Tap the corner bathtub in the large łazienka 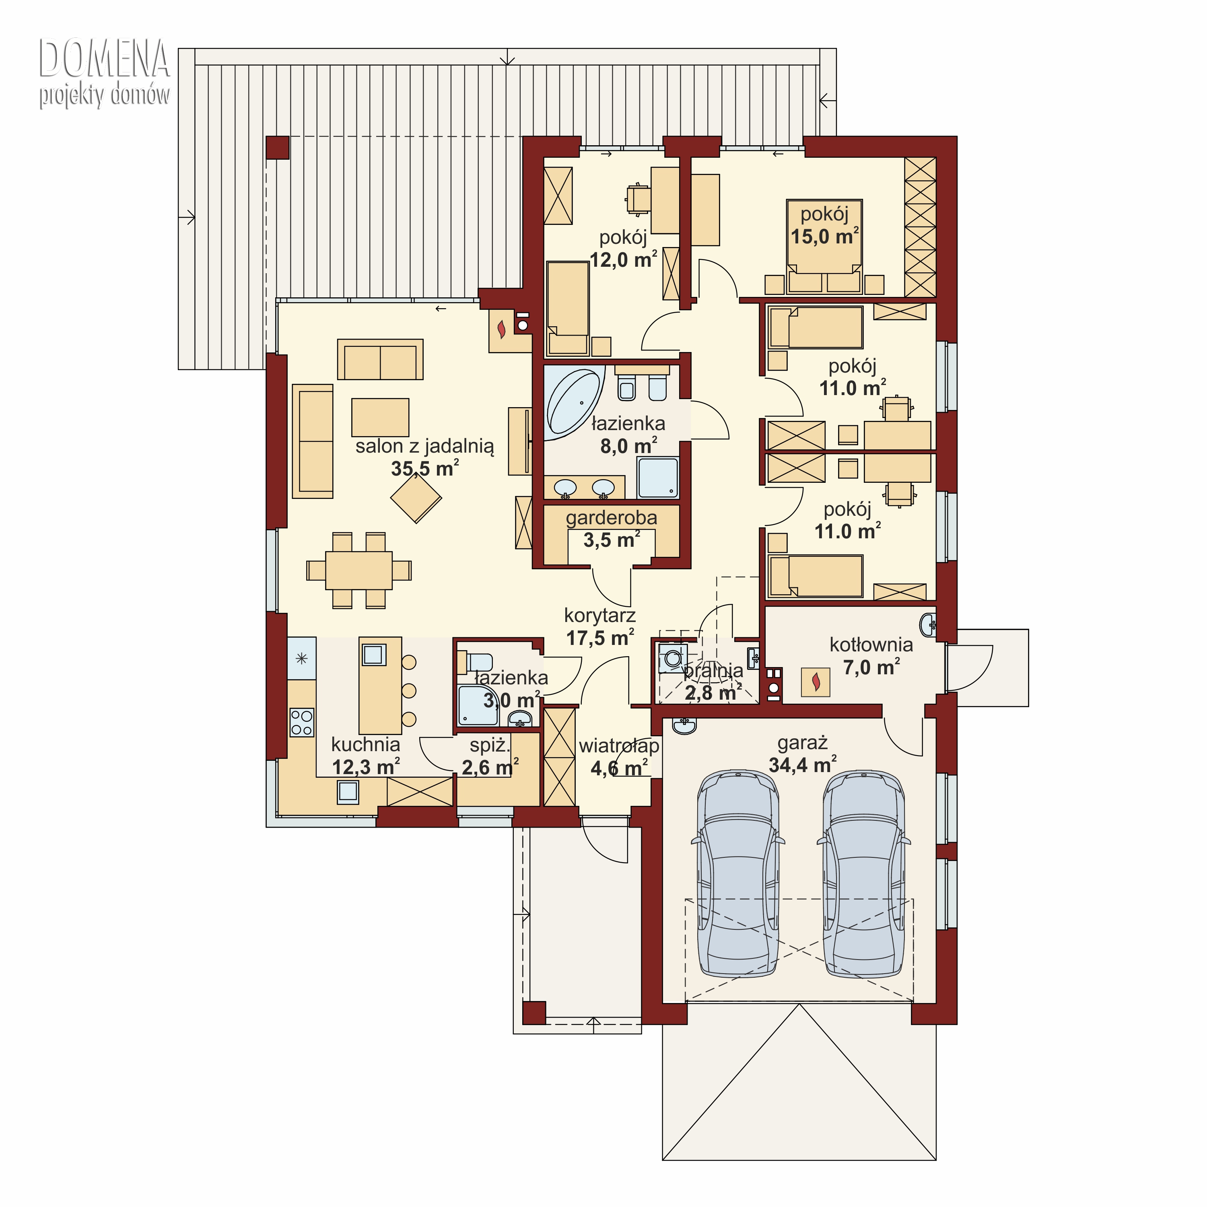573,403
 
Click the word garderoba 611,517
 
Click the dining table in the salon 358,571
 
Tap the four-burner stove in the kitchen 302,722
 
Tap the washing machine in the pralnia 672,659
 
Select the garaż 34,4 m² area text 803,754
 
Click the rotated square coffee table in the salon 416,498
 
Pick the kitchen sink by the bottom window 348,791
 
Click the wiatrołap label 618,746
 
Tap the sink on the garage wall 685,726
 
